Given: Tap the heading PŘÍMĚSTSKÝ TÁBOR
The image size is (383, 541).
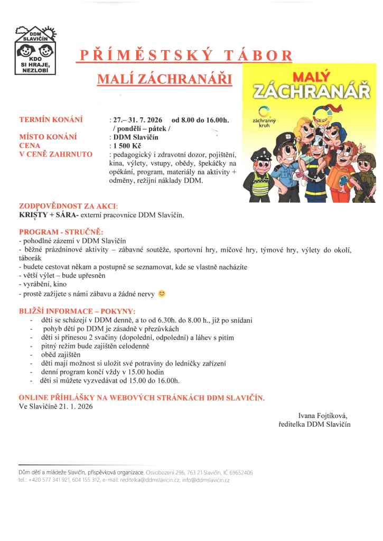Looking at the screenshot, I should (x=185, y=55).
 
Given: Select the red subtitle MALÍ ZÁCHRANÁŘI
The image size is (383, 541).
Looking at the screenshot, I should (x=164, y=79).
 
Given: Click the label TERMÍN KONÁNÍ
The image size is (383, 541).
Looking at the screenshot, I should (x=51, y=120).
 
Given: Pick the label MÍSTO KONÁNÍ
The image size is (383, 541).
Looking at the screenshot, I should (x=48, y=137).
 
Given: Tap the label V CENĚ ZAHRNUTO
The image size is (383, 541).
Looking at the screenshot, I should (x=55, y=154).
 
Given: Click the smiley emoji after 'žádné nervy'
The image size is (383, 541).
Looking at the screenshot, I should (x=162, y=294).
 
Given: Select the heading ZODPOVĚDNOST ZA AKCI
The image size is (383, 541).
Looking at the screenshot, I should (x=69, y=206).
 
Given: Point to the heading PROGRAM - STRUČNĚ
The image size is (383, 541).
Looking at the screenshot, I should (x=61, y=232).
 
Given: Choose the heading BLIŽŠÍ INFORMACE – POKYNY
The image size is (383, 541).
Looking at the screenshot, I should (x=77, y=311).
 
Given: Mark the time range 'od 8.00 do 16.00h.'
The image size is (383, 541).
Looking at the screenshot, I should (x=200, y=120).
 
